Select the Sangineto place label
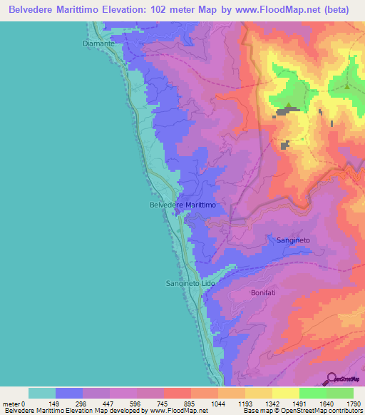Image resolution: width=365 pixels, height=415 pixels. click(x=293, y=241)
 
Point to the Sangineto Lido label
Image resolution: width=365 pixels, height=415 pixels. click(x=190, y=283)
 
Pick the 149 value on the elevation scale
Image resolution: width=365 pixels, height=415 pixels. click(x=56, y=404)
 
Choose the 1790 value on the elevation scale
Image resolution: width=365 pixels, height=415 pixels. click(x=353, y=404)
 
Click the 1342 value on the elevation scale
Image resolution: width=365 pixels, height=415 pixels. click(x=272, y=404)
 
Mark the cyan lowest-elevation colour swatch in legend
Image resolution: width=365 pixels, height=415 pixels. click(x=42, y=393)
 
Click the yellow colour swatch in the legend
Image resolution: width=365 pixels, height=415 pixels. click(x=286, y=393)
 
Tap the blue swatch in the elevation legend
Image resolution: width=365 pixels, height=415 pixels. click(x=69, y=393)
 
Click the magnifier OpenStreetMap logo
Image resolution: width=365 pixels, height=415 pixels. click(x=331, y=379)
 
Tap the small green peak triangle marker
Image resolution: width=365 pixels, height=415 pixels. click(x=347, y=86)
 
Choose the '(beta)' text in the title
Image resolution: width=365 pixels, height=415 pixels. click(x=341, y=9)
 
